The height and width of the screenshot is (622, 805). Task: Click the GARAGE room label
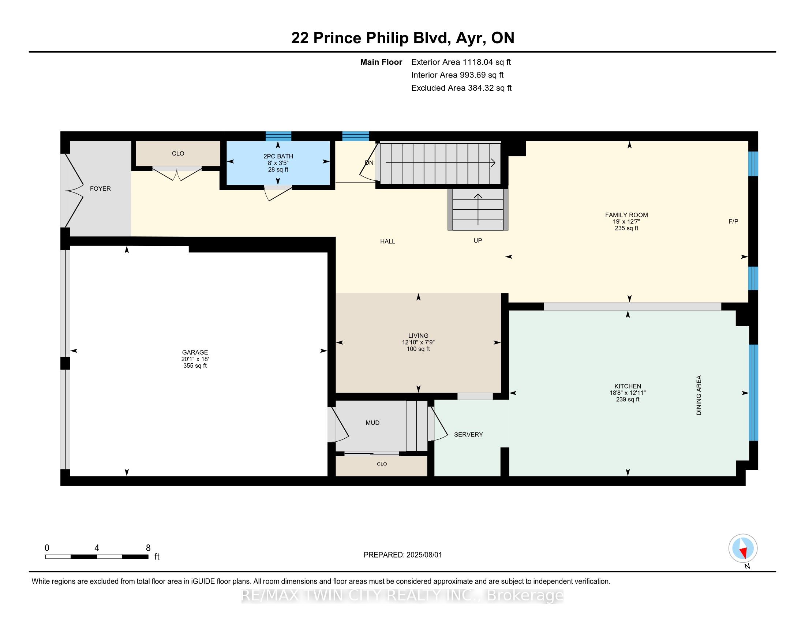[x=195, y=352]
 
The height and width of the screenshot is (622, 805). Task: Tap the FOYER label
[x=100, y=188]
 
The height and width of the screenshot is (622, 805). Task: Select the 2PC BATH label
[x=278, y=156]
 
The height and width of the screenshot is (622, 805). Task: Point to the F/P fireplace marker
[x=733, y=221]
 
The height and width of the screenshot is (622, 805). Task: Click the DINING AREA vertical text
[x=699, y=395]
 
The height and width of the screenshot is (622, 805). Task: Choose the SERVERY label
[x=468, y=434]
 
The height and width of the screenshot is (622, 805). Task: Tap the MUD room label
[x=372, y=423]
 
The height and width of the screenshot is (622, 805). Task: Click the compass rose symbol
[x=743, y=548]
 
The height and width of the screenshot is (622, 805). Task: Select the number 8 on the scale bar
[x=148, y=548]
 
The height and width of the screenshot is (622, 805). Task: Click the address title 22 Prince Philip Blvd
[x=402, y=38]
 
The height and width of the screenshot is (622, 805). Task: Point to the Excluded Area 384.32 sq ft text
[x=461, y=88]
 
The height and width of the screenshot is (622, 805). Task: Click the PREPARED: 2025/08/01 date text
[x=402, y=555]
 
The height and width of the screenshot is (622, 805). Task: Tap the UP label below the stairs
[x=478, y=240]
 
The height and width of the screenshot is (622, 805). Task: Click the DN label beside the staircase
[x=369, y=162]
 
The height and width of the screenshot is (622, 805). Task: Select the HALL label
[x=387, y=241]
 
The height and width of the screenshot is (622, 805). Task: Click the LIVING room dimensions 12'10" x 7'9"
[x=418, y=342]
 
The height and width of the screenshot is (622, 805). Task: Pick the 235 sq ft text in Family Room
[x=626, y=228]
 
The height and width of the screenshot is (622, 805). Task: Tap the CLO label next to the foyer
[x=178, y=153]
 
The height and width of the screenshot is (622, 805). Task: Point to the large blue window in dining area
[x=753, y=393]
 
